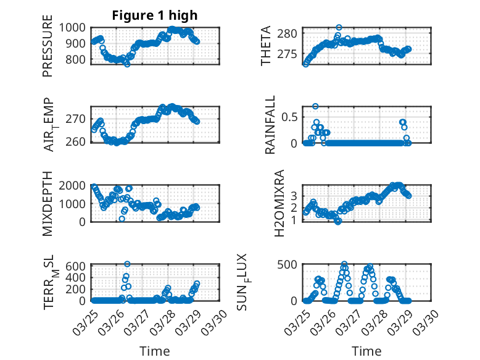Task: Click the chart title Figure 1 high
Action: click(x=155, y=15)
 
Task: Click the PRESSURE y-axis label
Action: click(x=48, y=49)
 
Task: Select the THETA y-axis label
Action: click(x=266, y=46)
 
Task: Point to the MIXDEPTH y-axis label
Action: click(x=48, y=203)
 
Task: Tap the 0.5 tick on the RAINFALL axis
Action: click(x=291, y=117)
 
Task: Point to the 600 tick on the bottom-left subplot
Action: click(x=78, y=266)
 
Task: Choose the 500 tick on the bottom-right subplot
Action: click(x=290, y=265)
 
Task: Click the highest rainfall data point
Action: click(x=315, y=106)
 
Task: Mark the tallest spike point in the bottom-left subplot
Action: click(x=127, y=264)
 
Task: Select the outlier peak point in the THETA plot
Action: click(x=339, y=28)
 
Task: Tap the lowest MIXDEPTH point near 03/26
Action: click(x=122, y=219)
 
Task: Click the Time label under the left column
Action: click(x=155, y=351)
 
